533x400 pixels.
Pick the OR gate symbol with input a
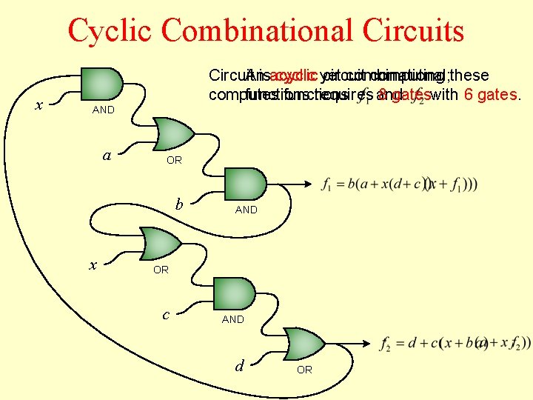click(173, 133)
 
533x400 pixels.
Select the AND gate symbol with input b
click(245, 184)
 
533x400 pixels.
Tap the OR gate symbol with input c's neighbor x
click(161, 244)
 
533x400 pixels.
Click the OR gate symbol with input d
click(305, 344)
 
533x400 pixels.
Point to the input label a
click(107, 155)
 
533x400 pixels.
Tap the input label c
click(166, 314)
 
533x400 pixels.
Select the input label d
click(238, 364)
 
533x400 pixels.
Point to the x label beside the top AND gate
click(39, 105)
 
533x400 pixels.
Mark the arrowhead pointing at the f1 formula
click(308, 184)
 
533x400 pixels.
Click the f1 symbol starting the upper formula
click(328, 184)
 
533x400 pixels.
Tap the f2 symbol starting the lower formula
click(385, 344)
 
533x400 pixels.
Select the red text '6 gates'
click(489, 95)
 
